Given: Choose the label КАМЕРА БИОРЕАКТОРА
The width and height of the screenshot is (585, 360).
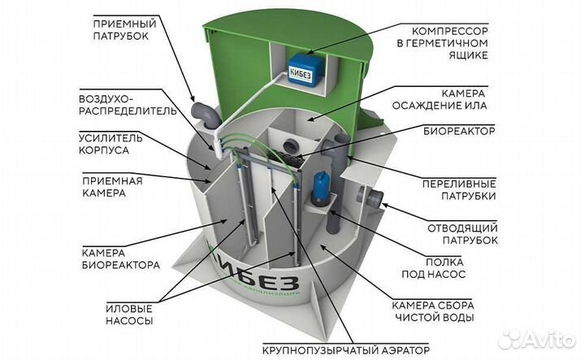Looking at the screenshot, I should [x=119, y=258].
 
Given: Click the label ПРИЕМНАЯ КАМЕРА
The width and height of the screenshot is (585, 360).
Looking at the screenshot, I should [x=112, y=187].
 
